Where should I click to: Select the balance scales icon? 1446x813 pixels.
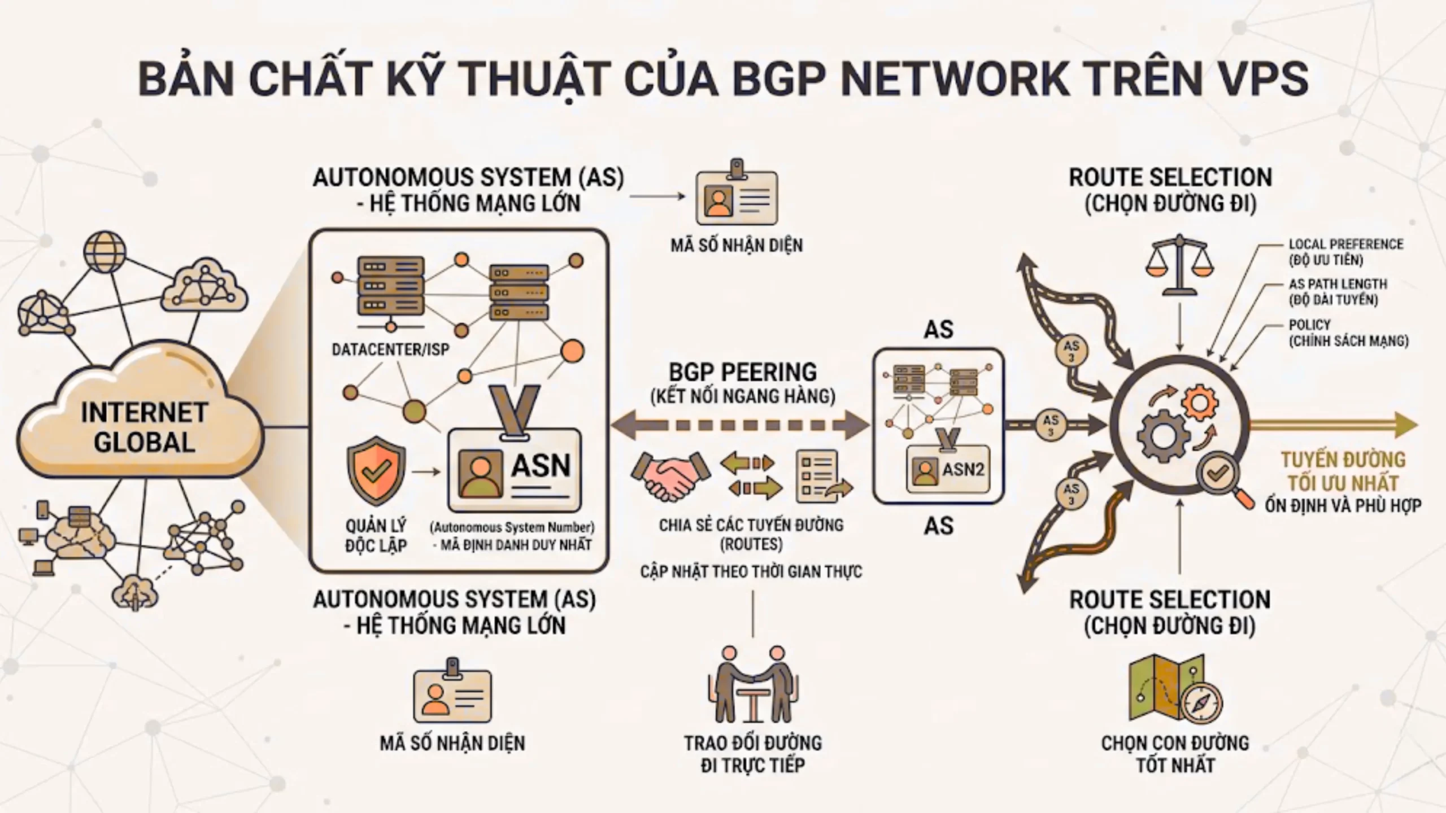[1179, 265]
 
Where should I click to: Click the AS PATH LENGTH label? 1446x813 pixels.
[1338, 284]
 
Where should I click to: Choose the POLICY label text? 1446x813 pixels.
[1309, 325]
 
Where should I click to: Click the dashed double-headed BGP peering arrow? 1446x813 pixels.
[740, 425]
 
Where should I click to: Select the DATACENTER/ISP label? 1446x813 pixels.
[390, 350]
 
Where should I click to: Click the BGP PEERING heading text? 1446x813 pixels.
[743, 373]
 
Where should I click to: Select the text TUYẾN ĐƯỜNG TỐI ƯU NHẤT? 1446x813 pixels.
[1343, 472]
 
